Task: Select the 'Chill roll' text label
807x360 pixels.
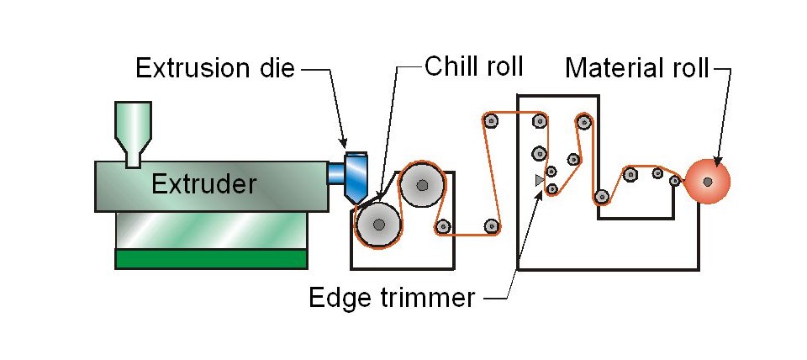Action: coord(474,66)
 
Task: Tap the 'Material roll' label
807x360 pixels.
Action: coord(637,68)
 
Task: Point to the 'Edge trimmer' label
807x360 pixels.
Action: coord(392,297)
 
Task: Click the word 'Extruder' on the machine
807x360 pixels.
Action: coord(203,183)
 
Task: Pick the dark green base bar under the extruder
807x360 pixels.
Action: coord(211,258)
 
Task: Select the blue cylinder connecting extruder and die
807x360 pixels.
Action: coord(335,172)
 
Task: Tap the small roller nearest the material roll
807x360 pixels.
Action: coord(674,180)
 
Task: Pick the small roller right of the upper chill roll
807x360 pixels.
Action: coord(443,225)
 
